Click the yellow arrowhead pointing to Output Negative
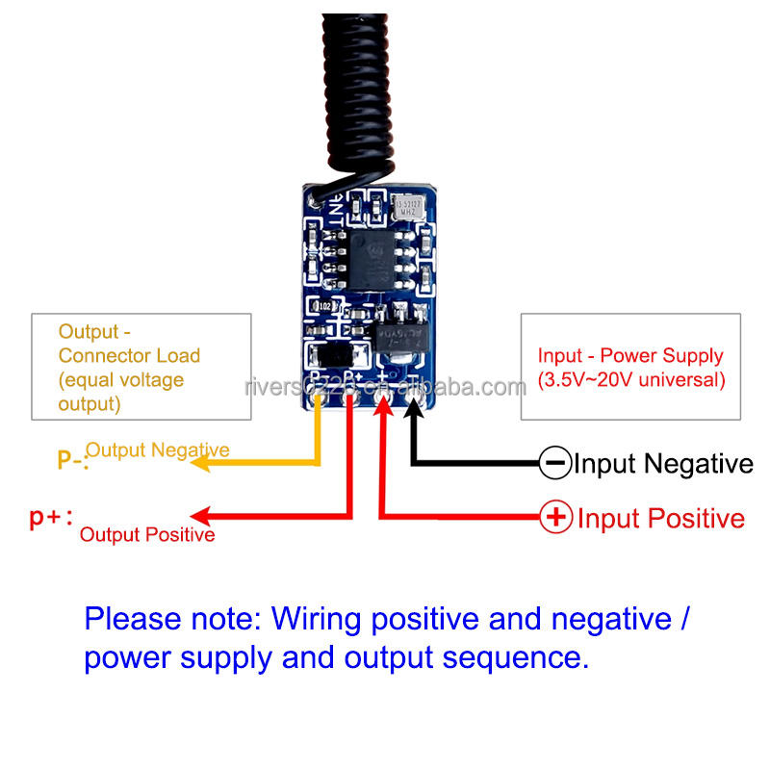198,464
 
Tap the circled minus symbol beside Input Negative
555,464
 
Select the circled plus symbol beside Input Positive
555,518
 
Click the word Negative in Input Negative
699,464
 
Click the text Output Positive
147,535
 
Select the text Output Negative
158,449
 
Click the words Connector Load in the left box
130,355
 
